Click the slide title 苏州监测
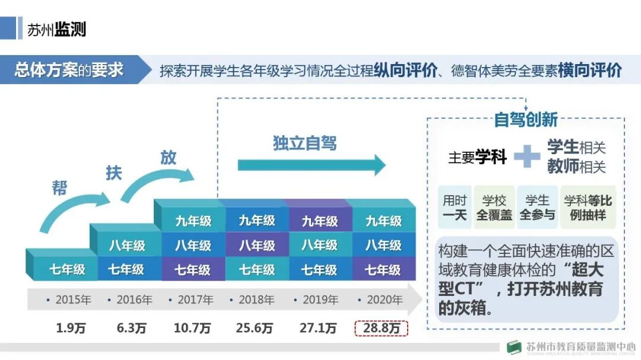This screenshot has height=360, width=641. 56,29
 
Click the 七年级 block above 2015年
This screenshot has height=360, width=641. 66,270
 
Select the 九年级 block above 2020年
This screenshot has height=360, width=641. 383,221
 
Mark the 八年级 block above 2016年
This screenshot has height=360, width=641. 126,246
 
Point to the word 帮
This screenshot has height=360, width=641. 59,189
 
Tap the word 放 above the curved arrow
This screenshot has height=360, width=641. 169,158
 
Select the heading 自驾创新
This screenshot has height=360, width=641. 525,120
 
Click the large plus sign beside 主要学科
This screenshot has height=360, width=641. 526,157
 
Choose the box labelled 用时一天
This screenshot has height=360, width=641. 455,208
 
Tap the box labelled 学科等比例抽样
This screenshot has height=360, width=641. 588,208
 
